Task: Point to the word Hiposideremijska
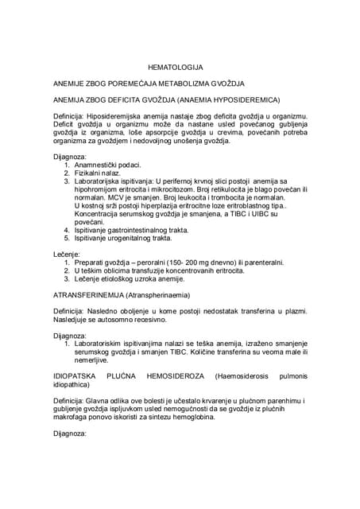tap(115, 116)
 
